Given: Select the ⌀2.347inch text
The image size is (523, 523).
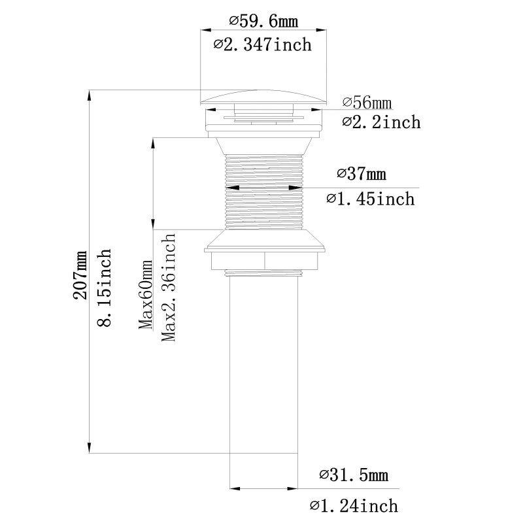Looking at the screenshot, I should pos(261,45).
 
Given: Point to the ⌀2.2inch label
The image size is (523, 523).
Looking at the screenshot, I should pos(381,122).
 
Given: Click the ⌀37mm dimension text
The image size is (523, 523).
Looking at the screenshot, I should pos(362,175).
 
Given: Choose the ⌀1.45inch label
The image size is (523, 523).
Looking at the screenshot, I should pos(370,198).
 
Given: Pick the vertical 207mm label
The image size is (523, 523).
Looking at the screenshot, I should pos(81,275).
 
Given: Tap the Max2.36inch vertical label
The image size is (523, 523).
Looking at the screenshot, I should pos(169,288).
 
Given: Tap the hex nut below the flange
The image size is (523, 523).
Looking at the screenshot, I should pos(264,260).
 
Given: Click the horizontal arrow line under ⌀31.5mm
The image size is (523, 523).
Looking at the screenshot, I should pos(264,488).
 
